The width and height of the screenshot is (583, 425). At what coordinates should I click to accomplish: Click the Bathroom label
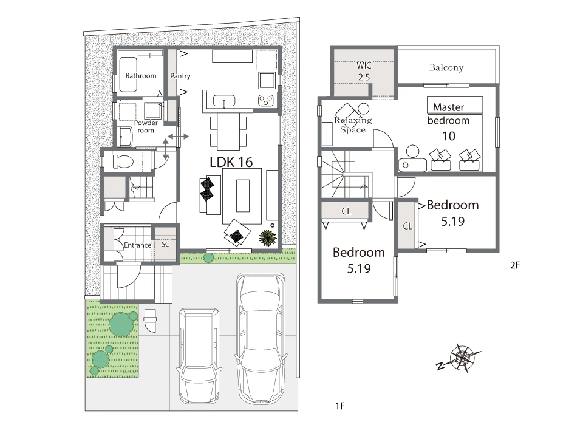coord(140,76)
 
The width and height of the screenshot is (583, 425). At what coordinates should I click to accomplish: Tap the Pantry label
coord(180,76)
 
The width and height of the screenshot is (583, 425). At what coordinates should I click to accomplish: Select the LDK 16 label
coord(231,162)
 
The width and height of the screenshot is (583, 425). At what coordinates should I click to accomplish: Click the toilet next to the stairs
coord(123,161)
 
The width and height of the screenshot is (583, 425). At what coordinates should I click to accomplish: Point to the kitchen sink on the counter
coord(224,101)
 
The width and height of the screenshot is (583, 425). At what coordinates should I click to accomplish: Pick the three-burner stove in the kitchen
coord(266,100)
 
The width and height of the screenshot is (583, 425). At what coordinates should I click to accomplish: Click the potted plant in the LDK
coord(268,237)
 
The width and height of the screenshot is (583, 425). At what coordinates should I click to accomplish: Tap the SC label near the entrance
coord(165,244)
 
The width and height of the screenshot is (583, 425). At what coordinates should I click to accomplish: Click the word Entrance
coord(138,245)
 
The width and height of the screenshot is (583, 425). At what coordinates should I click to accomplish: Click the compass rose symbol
coord(462,358)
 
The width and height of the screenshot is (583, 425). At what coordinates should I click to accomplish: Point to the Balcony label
coord(446,67)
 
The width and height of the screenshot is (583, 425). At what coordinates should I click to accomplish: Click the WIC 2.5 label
coord(364,71)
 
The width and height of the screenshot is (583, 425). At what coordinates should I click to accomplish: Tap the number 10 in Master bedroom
coord(449,136)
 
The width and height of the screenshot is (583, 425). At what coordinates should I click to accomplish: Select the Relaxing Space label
coord(353,124)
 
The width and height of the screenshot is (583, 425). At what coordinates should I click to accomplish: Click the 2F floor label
coord(515,265)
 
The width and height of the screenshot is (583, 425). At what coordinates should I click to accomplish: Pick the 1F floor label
coord(340,406)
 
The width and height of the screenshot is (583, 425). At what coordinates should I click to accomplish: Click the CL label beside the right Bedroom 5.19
coord(407,226)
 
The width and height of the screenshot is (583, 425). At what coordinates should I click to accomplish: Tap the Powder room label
coord(146,126)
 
